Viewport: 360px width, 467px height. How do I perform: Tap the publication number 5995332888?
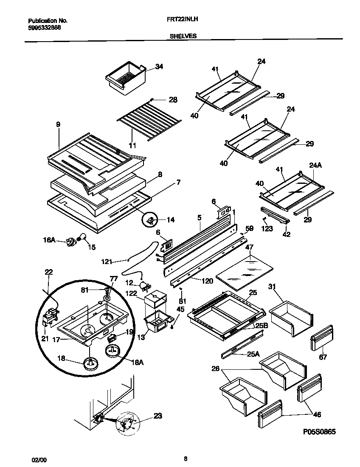[44, 26]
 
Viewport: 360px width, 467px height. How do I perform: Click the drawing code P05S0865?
[320, 432]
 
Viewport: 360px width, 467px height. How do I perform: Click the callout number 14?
[170, 220]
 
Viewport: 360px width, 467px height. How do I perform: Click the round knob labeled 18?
[90, 363]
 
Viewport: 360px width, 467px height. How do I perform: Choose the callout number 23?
[157, 416]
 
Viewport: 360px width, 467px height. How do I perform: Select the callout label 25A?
[254, 355]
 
